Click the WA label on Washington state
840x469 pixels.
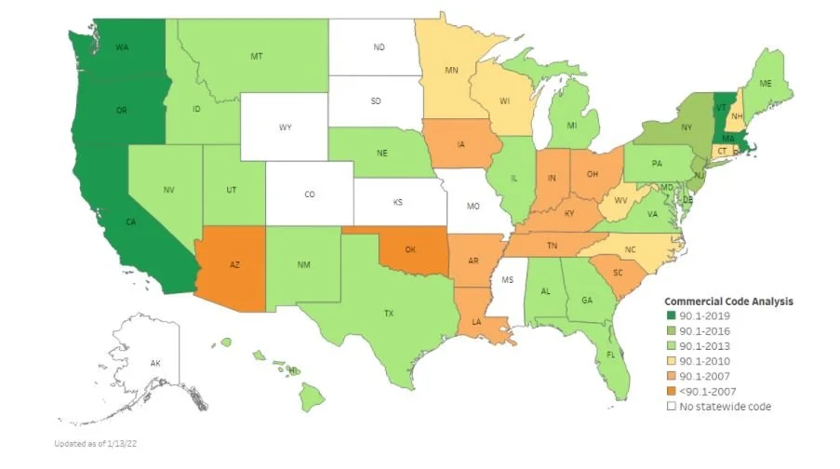pyautogui.click(x=122, y=47)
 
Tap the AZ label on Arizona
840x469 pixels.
pyautogui.click(x=237, y=265)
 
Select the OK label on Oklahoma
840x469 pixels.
pyautogui.click(x=409, y=249)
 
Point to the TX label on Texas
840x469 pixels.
pyautogui.click(x=389, y=314)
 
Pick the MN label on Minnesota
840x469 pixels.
pyautogui.click(x=451, y=70)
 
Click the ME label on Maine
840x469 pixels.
pyautogui.click(x=766, y=84)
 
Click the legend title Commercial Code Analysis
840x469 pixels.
pyautogui.click(x=727, y=301)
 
